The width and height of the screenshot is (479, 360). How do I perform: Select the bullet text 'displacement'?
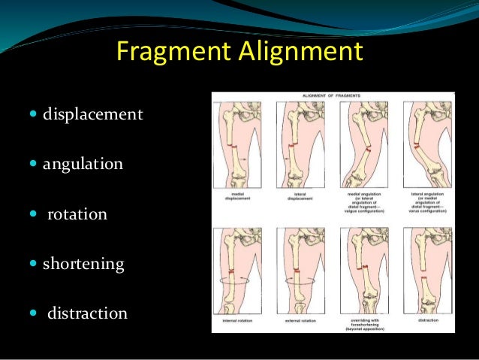click(x=92, y=116)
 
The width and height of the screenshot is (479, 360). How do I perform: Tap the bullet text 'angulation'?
click(x=83, y=163)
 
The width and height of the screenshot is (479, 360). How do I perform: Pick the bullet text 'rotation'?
click(x=77, y=214)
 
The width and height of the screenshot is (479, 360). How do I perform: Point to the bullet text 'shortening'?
click(x=83, y=265)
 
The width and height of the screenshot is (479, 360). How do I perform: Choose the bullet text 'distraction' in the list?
click(x=87, y=313)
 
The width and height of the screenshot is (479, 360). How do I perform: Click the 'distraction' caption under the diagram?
click(x=425, y=320)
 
